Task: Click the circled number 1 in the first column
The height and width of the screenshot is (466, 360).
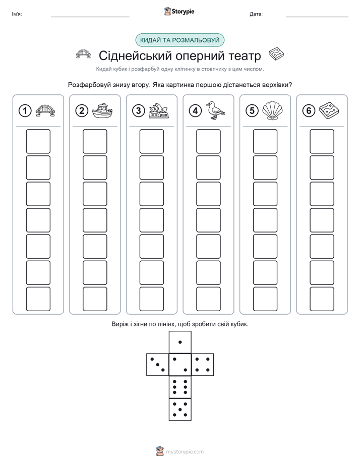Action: pyautogui.click(x=25, y=111)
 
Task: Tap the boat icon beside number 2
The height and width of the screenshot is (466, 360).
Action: pyautogui.click(x=102, y=111)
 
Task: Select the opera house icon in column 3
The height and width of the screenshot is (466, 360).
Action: pyautogui.click(x=159, y=111)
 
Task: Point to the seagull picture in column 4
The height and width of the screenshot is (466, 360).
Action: pyautogui.click(x=215, y=110)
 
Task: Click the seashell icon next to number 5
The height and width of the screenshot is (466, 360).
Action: pyautogui.click(x=272, y=110)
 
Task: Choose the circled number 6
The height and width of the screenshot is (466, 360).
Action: pyautogui.click(x=309, y=111)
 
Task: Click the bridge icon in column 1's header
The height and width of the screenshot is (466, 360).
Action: pyautogui.click(x=45, y=111)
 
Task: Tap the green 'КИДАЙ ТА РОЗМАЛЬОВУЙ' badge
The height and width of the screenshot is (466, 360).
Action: pyautogui.click(x=179, y=40)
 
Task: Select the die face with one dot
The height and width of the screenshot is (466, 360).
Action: pyautogui.click(x=180, y=342)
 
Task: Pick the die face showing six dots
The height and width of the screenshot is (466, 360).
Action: pyautogui.click(x=180, y=387)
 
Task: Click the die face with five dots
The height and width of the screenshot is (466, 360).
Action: pyautogui.click(x=180, y=410)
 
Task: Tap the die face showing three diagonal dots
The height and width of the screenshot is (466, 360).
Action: pyautogui.click(x=158, y=365)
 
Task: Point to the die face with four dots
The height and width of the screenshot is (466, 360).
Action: pyautogui.click(x=203, y=365)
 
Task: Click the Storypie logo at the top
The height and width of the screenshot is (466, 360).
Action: pyautogui.click(x=179, y=12)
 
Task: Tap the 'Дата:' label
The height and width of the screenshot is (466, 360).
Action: pyautogui.click(x=256, y=14)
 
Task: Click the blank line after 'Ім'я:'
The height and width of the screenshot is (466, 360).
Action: pyautogui.click(x=90, y=17)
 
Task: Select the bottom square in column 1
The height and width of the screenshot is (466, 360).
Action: pyautogui.click(x=38, y=299)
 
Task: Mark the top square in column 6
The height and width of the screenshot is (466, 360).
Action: pyautogui.click(x=322, y=141)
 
